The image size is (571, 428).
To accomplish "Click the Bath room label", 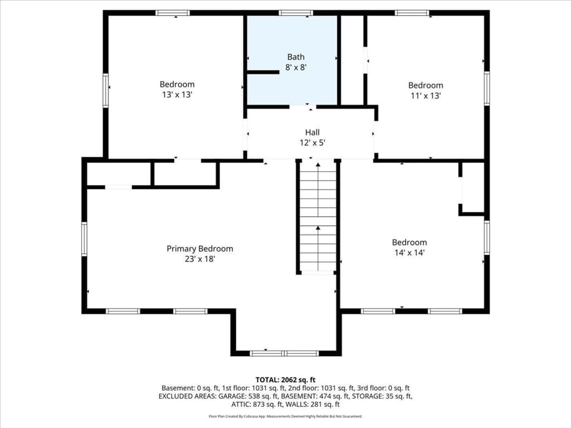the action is [x=296, y=57].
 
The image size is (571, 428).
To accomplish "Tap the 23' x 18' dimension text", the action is [x=200, y=259].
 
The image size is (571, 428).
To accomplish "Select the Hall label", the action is [x=312, y=132].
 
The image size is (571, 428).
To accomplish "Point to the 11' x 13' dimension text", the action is [x=425, y=96].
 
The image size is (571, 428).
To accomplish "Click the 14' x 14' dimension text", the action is [x=410, y=252].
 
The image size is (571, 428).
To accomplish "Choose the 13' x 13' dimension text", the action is [x=177, y=95].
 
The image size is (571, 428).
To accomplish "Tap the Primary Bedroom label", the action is [x=200, y=249].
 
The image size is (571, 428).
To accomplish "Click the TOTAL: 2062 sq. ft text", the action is [x=285, y=380].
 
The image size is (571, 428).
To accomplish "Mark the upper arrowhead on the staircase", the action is [x=318, y=165].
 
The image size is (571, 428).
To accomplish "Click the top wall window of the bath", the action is [x=296, y=13].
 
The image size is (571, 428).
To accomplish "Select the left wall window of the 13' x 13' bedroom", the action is [x=105, y=91].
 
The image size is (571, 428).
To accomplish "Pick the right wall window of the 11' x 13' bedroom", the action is [x=486, y=89].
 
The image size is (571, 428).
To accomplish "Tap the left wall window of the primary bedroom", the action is [x=84, y=239].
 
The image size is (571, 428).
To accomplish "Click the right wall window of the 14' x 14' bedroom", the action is [x=486, y=237].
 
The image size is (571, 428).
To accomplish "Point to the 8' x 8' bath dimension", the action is [x=296, y=67].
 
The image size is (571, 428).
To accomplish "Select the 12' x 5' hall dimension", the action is [x=312, y=143].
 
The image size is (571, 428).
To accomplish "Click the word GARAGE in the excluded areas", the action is [x=232, y=396].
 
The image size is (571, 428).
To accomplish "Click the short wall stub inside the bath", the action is [x=263, y=72].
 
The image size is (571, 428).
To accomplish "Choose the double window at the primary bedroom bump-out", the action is [x=284, y=353].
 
